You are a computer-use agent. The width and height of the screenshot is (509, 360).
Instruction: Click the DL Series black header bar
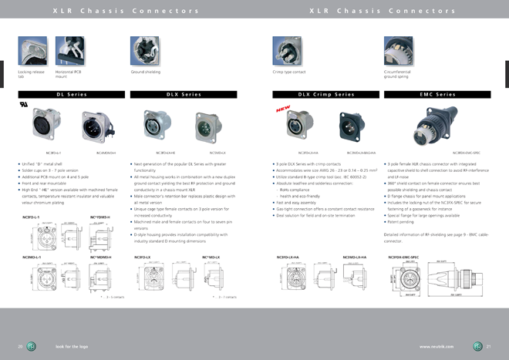pyautogui.click(x=71, y=94)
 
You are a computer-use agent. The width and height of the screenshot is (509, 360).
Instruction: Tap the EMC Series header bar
pyautogui.click(x=437, y=94)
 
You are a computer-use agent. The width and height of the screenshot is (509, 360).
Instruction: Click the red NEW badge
pyautogui.click(x=282, y=110)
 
